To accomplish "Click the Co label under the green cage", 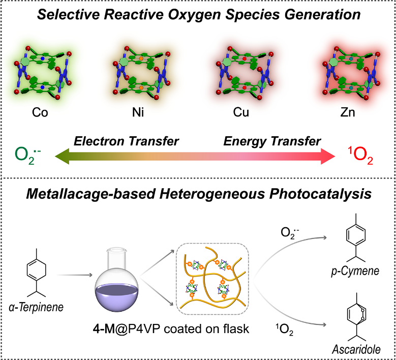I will [40, 112].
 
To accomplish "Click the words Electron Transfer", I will [126, 141].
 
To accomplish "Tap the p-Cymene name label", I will [360, 271].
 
